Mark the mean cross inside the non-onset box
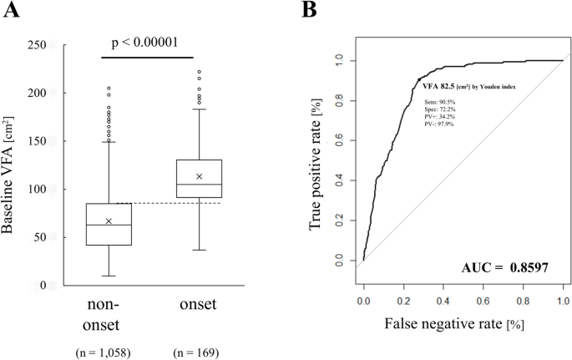point(109,221)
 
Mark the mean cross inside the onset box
point(199,176)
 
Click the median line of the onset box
point(199,185)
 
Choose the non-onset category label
point(109,313)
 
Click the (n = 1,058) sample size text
point(109,352)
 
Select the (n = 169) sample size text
point(199,352)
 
